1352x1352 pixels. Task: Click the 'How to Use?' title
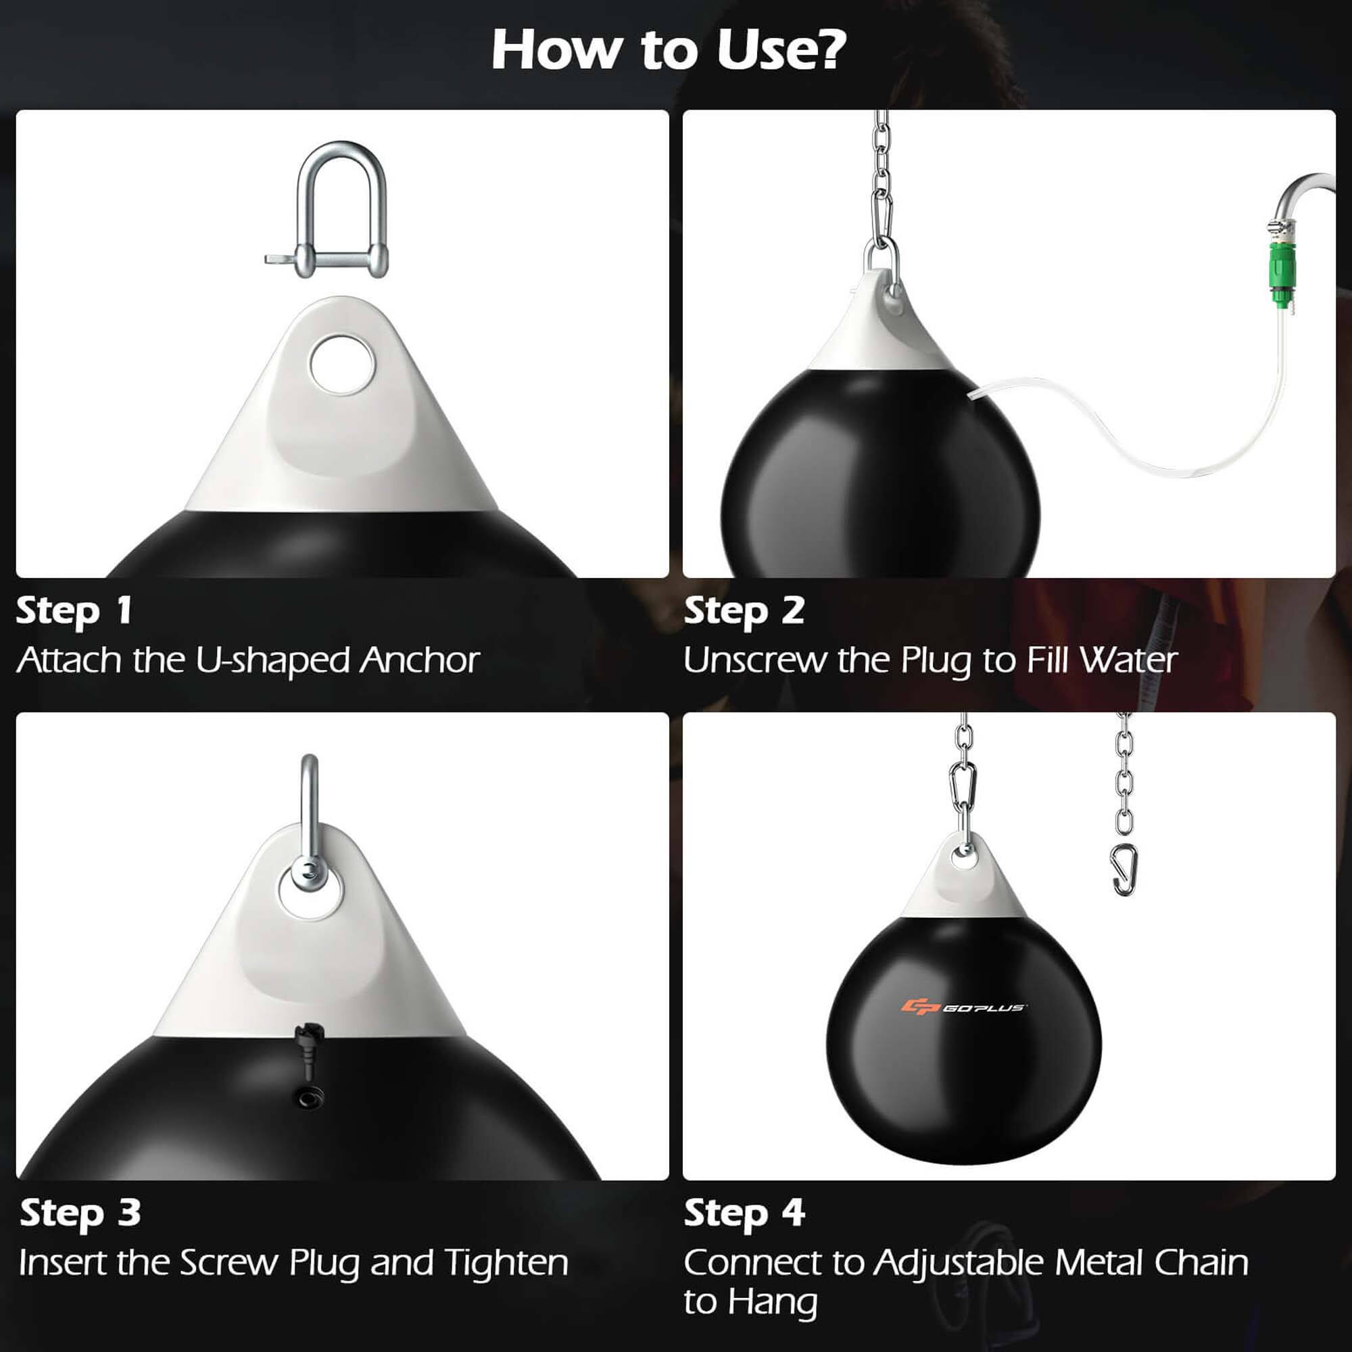[669, 51]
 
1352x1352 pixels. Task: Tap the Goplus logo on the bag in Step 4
[963, 1007]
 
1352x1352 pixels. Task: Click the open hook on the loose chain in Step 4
[1125, 870]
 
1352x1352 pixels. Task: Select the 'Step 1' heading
[74, 611]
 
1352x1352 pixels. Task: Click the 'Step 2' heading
[744, 611]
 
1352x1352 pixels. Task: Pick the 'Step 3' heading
[80, 1213]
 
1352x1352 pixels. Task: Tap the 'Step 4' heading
[744, 1213]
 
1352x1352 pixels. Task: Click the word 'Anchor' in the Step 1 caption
[419, 660]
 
